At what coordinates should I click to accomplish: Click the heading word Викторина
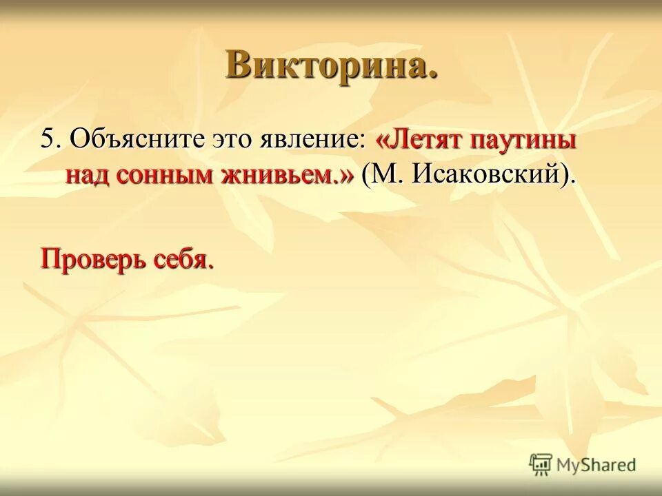pyautogui.click(x=331, y=65)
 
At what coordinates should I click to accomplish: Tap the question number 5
pyautogui.click(x=47, y=139)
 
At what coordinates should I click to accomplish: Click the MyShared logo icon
pyautogui.click(x=541, y=464)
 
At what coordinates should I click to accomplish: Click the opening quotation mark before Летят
pyautogui.click(x=382, y=141)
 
